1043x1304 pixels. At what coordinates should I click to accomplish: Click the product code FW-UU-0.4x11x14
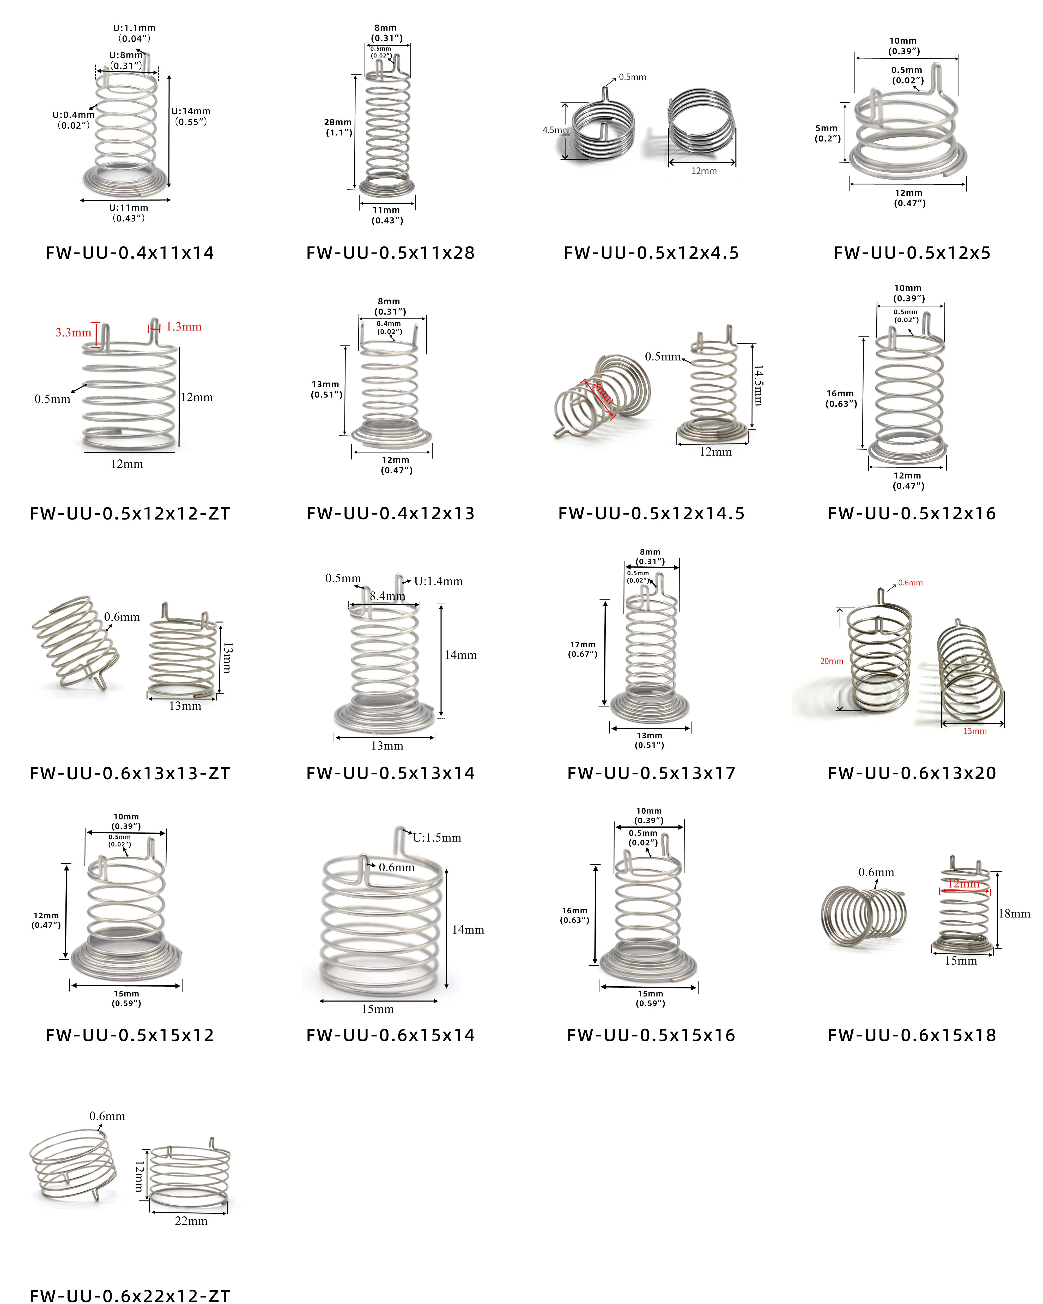point(130,253)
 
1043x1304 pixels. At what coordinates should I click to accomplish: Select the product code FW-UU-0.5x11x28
point(391,253)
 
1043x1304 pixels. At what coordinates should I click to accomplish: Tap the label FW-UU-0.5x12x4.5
point(651,253)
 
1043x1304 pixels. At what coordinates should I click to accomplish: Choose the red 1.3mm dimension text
point(184,327)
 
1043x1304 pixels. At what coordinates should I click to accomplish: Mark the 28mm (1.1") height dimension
point(338,127)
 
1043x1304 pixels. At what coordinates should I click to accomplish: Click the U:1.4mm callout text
point(438,581)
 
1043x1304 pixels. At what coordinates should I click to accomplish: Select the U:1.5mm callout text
point(437,838)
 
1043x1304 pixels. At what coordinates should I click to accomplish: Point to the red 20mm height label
point(831,661)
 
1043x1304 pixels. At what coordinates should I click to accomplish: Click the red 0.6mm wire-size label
point(910,583)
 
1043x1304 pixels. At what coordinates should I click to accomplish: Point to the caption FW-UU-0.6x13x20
point(912,773)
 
